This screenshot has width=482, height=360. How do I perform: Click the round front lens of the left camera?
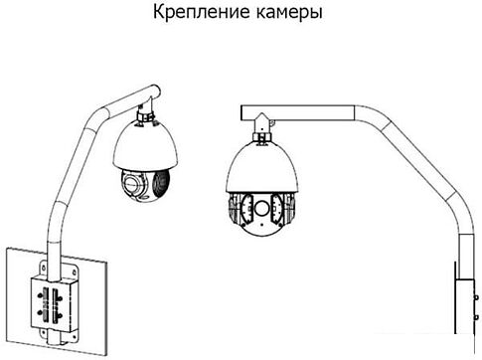coord(132,183)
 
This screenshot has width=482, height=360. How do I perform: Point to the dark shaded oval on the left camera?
coord(162,183)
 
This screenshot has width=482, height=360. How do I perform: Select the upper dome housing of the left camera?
coord(145,145)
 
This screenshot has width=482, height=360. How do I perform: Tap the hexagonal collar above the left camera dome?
coord(145,116)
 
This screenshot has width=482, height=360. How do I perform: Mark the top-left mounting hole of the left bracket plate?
coord(43,268)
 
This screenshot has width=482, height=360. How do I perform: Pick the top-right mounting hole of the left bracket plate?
coord(74,272)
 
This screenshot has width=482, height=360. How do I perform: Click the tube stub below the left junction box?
coord(54,337)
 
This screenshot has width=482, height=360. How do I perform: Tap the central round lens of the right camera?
coord(261,208)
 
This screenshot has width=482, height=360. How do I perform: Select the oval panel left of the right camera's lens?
coord(245,208)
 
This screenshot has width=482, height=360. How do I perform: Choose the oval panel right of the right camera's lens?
coord(277,208)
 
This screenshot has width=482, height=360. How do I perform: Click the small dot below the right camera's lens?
coord(261,224)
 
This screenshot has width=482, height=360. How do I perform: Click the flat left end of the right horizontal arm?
coord(241,113)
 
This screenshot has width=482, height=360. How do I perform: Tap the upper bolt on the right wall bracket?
coord(476,297)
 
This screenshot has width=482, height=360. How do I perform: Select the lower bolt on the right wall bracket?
coord(476,317)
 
